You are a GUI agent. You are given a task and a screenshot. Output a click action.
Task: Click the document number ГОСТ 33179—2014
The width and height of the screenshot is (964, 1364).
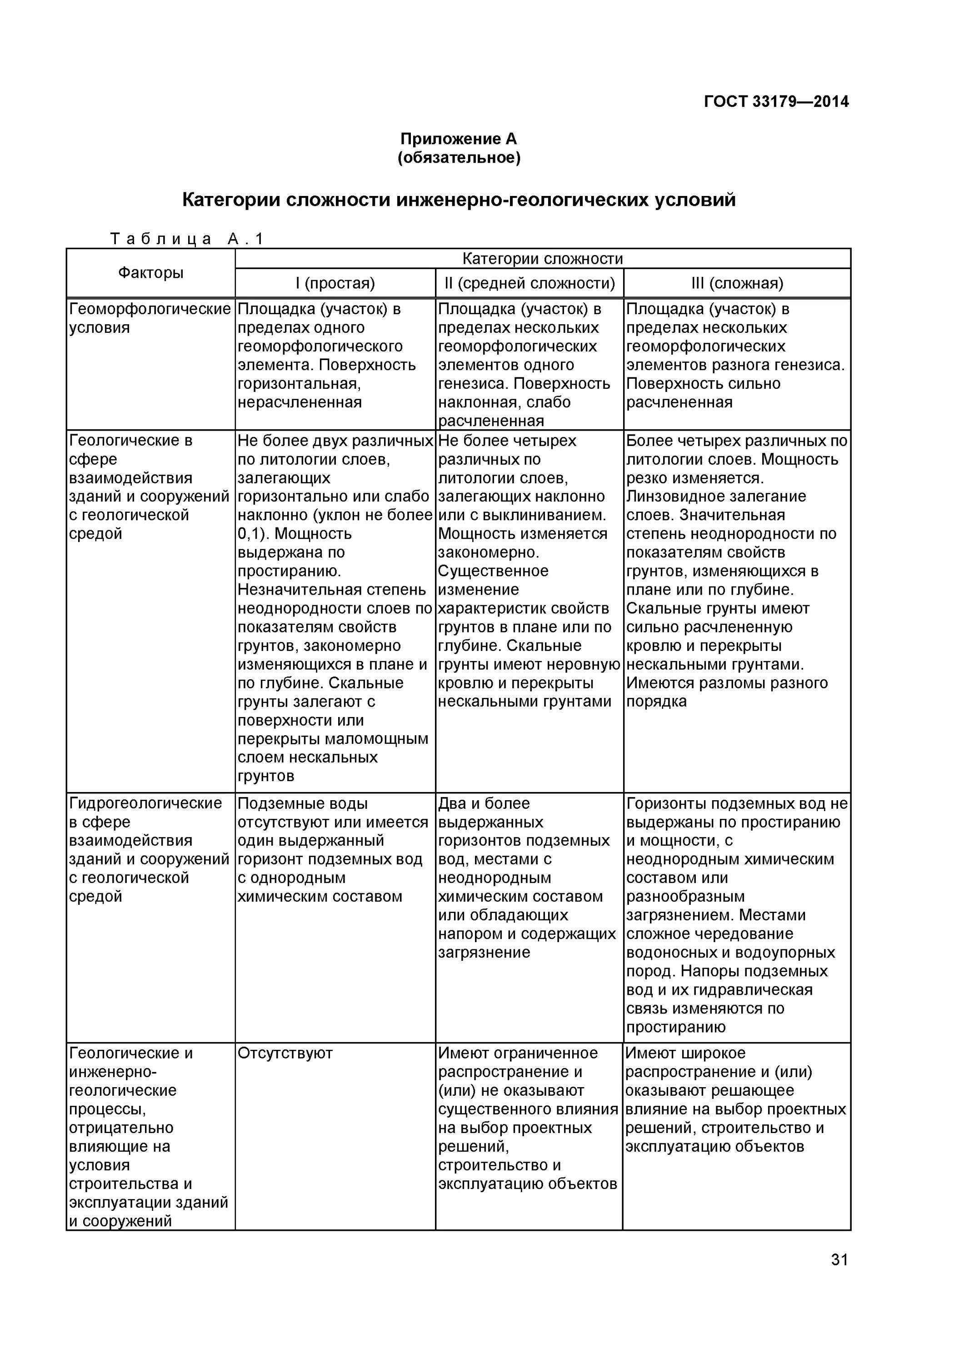click(x=776, y=101)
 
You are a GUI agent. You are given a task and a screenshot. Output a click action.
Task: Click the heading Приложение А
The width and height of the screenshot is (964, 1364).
click(x=458, y=139)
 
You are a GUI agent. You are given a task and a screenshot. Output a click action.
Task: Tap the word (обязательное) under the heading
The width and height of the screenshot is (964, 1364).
click(x=459, y=158)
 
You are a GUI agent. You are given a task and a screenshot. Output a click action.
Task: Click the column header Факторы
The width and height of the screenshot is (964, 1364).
click(x=151, y=273)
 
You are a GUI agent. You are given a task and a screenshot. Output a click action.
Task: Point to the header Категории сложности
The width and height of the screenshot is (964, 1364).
click(x=542, y=258)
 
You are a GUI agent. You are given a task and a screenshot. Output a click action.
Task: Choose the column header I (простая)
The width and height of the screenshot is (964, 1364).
click(x=335, y=283)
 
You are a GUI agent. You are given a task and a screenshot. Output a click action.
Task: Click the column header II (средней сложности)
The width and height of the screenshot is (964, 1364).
click(x=529, y=283)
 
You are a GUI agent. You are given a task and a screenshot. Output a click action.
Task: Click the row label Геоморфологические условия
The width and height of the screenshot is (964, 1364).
click(x=150, y=318)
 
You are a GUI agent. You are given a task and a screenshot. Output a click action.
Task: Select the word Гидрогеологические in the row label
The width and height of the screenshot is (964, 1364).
click(x=145, y=804)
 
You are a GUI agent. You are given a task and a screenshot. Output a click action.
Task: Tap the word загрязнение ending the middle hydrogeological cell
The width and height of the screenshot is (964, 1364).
click(x=484, y=953)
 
